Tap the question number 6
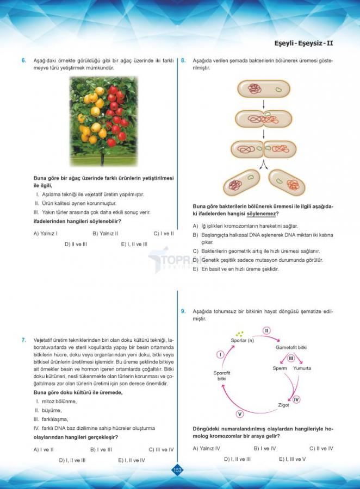(24, 60)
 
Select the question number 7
(24, 340)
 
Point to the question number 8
(183, 60)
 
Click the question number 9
(183, 311)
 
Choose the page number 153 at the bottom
(177, 469)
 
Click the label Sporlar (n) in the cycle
(243, 340)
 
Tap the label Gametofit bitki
(291, 347)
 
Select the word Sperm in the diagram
(280, 368)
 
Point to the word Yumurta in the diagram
(302, 368)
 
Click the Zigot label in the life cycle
(283, 405)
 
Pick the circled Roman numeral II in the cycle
(266, 330)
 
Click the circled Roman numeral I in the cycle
(220, 354)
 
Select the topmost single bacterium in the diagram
(264, 89)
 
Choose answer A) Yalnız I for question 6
(46, 234)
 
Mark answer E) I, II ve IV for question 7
(132, 460)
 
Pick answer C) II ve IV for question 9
(321, 448)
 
